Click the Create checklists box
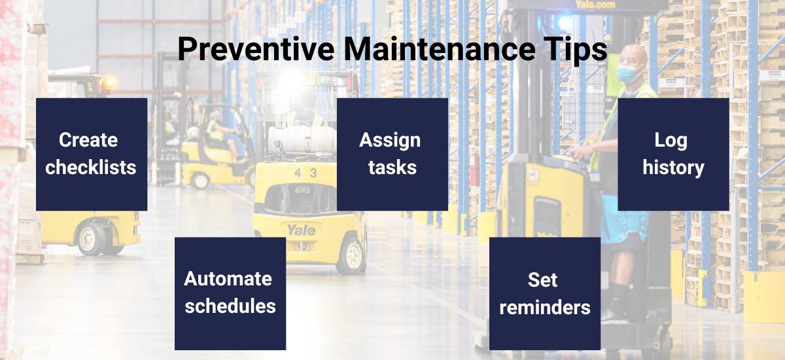[92, 154]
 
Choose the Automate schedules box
[230, 293]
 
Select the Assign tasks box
[392, 154]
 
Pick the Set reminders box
[544, 293]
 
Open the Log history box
[673, 154]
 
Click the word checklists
[91, 168]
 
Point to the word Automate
[228, 279]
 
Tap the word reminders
[544, 307]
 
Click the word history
[673, 168]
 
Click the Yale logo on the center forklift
[302, 230]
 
